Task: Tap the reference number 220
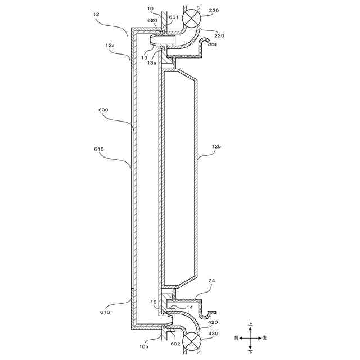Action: pyautogui.click(x=219, y=35)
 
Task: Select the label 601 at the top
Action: pyautogui.click(x=173, y=17)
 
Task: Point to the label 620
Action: pyautogui.click(x=153, y=21)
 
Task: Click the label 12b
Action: pyautogui.click(x=217, y=146)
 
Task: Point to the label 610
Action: pyautogui.click(x=105, y=311)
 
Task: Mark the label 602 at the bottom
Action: pyautogui.click(x=175, y=344)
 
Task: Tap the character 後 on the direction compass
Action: pyautogui.click(x=264, y=338)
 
